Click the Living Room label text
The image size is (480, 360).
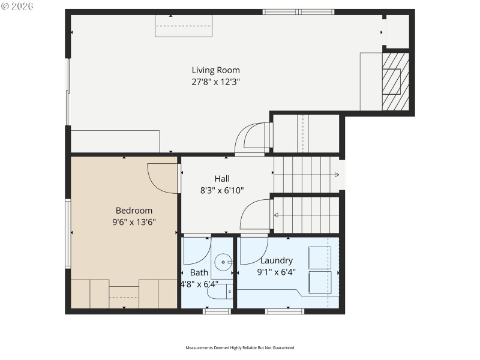pyautogui.click(x=215, y=70)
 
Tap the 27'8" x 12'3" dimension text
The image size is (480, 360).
pyautogui.click(x=215, y=82)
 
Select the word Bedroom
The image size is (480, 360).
pyautogui.click(x=134, y=211)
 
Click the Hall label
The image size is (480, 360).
pyautogui.click(x=222, y=179)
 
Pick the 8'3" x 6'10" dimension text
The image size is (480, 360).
pyautogui.click(x=222, y=190)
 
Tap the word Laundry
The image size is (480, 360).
pyautogui.click(x=276, y=260)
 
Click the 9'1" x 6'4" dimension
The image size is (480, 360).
pyautogui.click(x=276, y=272)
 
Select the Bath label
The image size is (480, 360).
pyautogui.click(x=199, y=272)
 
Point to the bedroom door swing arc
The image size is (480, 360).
pyautogui.click(x=162, y=178)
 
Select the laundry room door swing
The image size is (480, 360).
pyautogui.click(x=254, y=251)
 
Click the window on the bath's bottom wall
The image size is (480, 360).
pyautogui.click(x=217, y=311)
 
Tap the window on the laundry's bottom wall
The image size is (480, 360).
pyautogui.click(x=284, y=311)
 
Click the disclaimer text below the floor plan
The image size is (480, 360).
pyautogui.click(x=239, y=348)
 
